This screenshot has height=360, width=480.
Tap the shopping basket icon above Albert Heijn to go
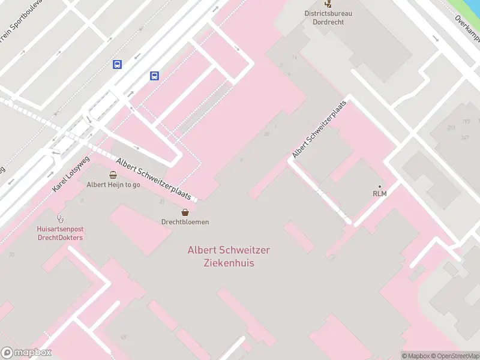(113, 175)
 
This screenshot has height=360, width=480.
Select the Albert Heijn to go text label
(113, 185)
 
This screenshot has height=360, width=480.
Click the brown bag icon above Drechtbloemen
(185, 212)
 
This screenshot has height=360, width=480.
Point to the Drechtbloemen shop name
(185, 222)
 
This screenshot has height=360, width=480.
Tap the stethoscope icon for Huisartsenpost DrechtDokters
(59, 219)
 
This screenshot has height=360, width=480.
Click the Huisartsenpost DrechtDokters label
(59, 233)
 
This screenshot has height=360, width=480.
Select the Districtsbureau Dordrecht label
(328, 17)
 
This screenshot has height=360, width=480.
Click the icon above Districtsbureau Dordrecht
(328, 3)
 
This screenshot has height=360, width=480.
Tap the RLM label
(379, 194)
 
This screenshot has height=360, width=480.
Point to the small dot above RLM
(379, 186)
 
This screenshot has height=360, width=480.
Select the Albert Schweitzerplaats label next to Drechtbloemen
(154, 179)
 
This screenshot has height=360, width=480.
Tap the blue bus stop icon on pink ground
(154, 76)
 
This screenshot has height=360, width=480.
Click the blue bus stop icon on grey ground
(117, 65)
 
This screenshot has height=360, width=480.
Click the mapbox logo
(26, 353)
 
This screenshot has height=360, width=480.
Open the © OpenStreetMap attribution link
(454, 356)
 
